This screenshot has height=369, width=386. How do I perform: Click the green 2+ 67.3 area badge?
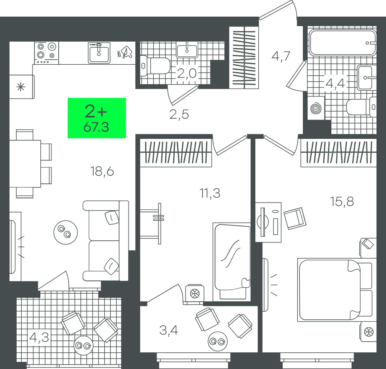pyautogui.click(x=97, y=118)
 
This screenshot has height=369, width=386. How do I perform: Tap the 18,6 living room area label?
pyautogui.click(x=102, y=171)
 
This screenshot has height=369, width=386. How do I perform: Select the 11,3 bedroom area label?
pyautogui.click(x=210, y=193)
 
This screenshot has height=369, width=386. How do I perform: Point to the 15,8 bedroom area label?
pyautogui.click(x=342, y=202)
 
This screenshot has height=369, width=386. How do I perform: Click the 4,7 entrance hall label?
pyautogui.click(x=281, y=56)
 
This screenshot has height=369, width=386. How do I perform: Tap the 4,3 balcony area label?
pyautogui.click(x=39, y=337)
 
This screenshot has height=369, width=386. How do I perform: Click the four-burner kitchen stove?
pyautogui.click(x=47, y=53)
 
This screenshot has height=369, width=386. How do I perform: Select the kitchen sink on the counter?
pyautogui.click(x=99, y=53)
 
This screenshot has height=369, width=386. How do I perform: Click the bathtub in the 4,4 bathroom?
pyautogui.click(x=342, y=43)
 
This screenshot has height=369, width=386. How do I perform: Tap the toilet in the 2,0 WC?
pyautogui.click(x=155, y=66)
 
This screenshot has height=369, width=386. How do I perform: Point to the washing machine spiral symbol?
pyautogui.click(x=316, y=108)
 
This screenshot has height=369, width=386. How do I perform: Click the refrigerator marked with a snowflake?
pyautogui.click(x=22, y=87)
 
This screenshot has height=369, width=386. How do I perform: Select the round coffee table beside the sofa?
pyautogui.click(x=65, y=232)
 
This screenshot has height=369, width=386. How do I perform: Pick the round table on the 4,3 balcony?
pyautogui.click(x=83, y=346)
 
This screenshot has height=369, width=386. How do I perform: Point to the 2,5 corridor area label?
pyautogui.click(x=179, y=114)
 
